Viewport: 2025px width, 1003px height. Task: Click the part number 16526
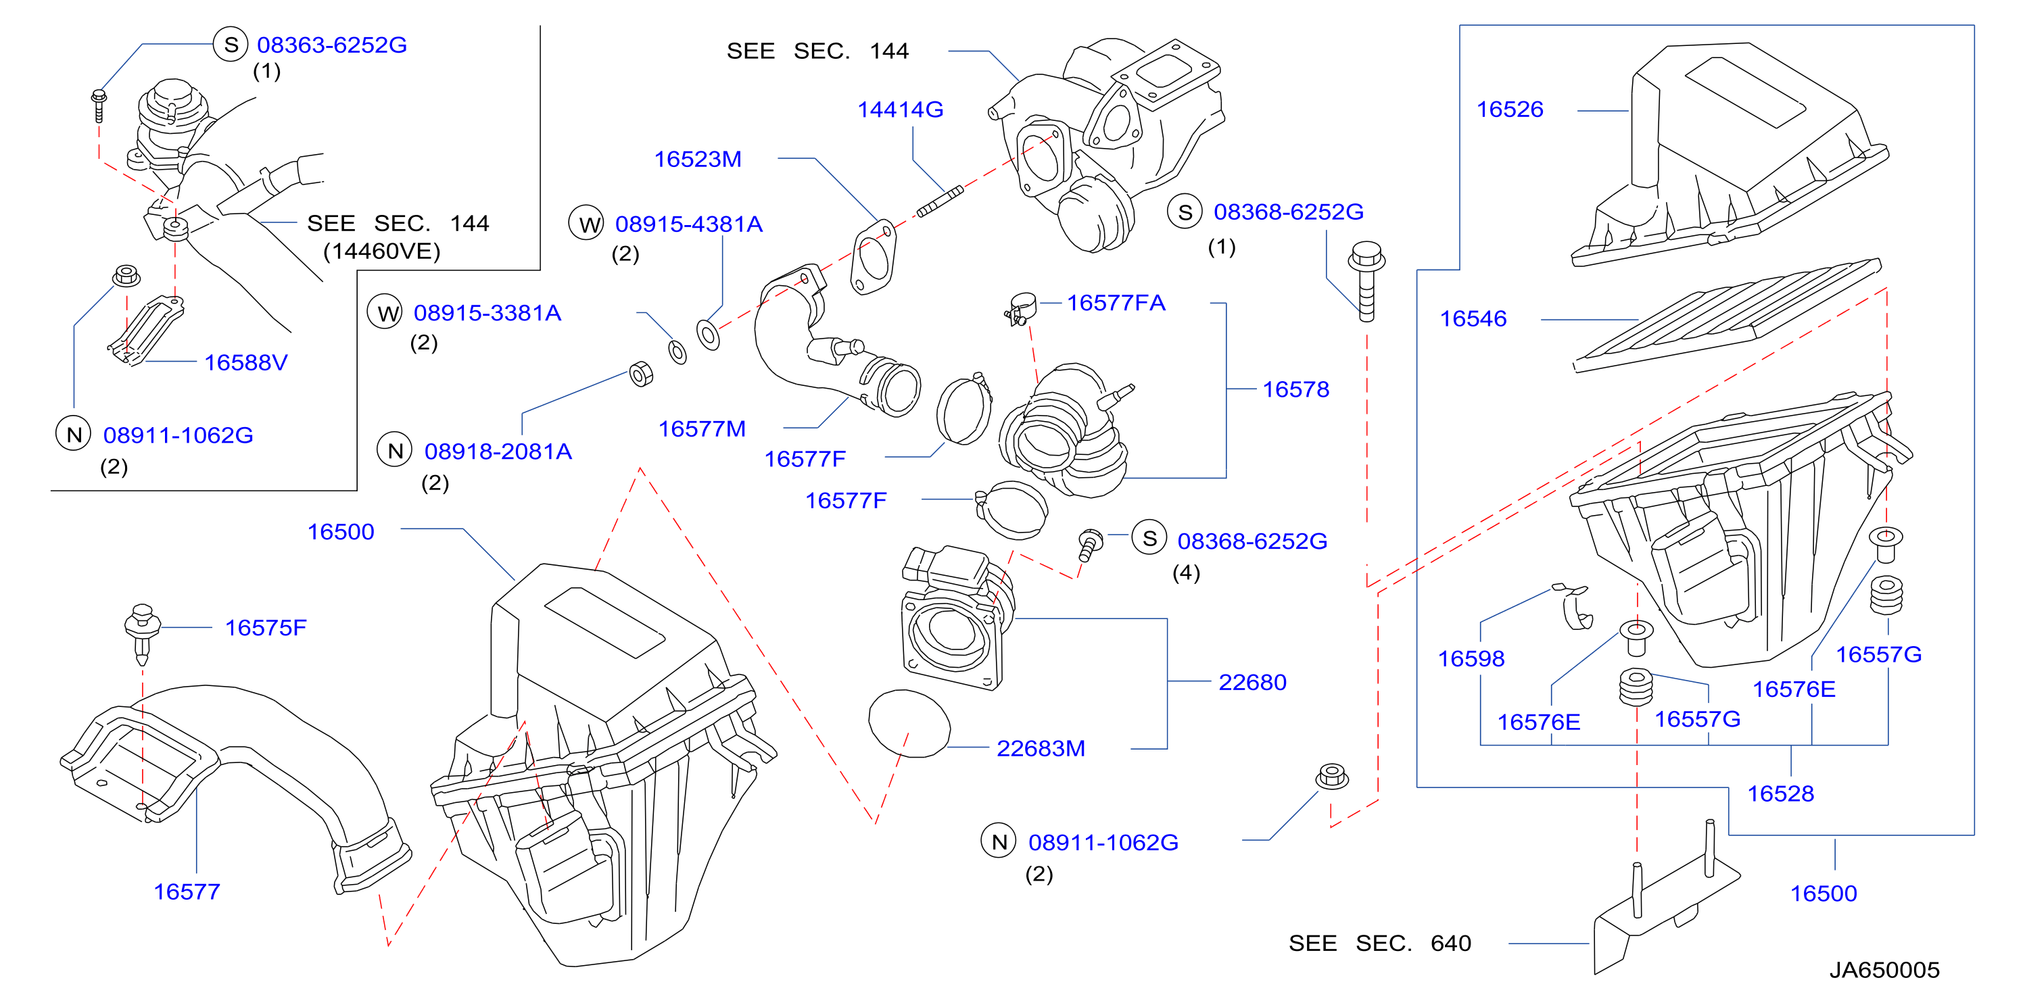tap(1509, 109)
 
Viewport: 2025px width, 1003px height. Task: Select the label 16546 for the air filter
tap(1473, 318)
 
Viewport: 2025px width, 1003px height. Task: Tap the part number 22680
tap(1252, 682)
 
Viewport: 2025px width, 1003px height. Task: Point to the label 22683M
tap(1041, 748)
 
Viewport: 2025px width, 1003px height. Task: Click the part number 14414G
tap(900, 109)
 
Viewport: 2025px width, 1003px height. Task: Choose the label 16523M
tap(698, 160)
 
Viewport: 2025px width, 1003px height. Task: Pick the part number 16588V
tap(246, 362)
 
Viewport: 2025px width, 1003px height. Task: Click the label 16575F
tap(266, 627)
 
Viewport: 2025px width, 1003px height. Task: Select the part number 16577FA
tap(1116, 303)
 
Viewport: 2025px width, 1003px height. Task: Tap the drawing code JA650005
tap(1884, 970)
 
